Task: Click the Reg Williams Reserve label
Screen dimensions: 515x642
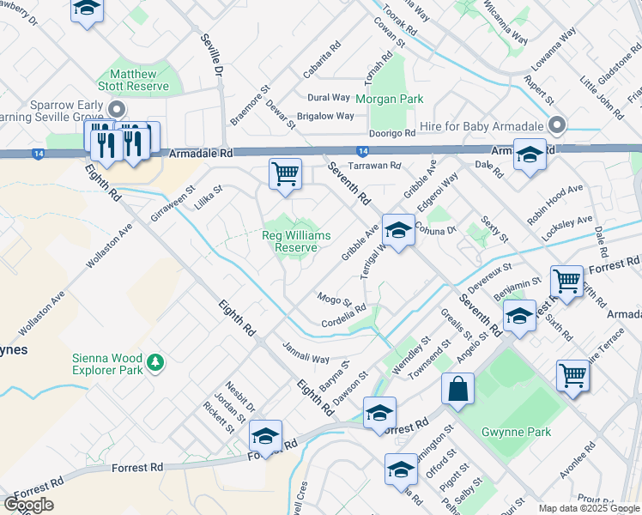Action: pyautogui.click(x=296, y=241)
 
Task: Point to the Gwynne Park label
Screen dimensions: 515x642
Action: pyautogui.click(x=516, y=432)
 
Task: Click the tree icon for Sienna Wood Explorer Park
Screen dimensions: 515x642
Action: pyautogui.click(x=155, y=363)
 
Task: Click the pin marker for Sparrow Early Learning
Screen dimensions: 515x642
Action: pyautogui.click(x=118, y=109)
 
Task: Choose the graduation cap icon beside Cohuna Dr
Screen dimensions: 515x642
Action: pyautogui.click(x=398, y=230)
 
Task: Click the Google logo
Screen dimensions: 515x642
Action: pyautogui.click(x=28, y=505)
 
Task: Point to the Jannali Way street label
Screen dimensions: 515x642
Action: pyautogui.click(x=306, y=353)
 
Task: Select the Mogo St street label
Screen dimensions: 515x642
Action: pyautogui.click(x=335, y=299)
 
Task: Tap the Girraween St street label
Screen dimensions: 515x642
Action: pyautogui.click(x=168, y=202)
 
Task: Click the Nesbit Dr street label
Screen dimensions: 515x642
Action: pyautogui.click(x=241, y=393)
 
